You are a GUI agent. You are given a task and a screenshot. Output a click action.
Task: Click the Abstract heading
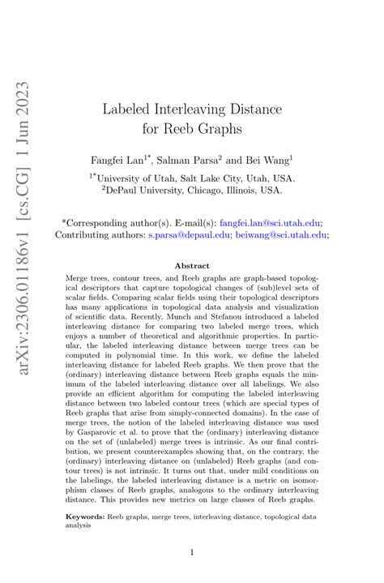coord(192,265)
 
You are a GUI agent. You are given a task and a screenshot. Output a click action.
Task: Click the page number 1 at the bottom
coord(192,553)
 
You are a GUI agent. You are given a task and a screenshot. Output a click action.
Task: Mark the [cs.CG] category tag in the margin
coord(30,174)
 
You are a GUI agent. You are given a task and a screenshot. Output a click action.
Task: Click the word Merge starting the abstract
coord(79,277)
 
